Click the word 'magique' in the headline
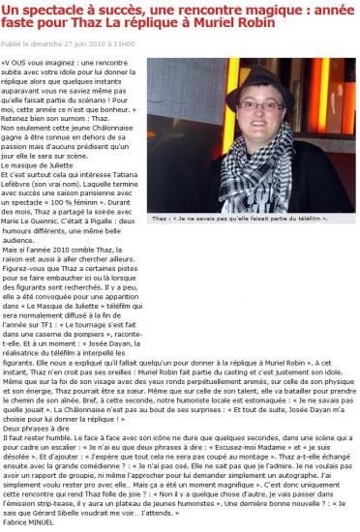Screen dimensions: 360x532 pyautogui.click(x=209, y=8)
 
